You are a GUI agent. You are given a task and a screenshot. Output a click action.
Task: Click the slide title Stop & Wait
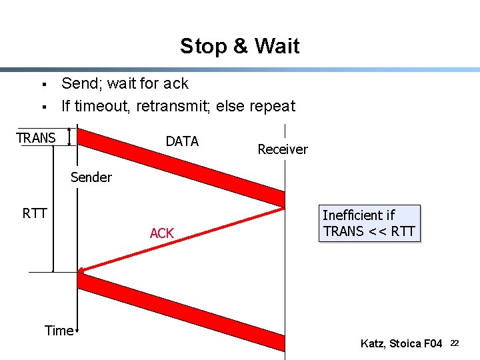click(x=239, y=46)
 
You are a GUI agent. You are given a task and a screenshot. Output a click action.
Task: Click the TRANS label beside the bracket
click(x=36, y=138)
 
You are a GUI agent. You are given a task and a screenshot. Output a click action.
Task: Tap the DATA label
click(x=182, y=141)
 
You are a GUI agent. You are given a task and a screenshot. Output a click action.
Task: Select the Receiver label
click(x=283, y=149)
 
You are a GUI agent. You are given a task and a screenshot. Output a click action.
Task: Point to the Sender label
click(x=91, y=177)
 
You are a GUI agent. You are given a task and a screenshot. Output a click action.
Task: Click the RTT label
click(x=35, y=213)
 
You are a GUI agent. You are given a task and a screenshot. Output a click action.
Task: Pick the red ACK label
click(x=161, y=233)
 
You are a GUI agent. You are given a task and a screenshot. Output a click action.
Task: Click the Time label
click(x=59, y=330)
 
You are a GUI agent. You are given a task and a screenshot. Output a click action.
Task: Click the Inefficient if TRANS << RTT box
click(x=369, y=223)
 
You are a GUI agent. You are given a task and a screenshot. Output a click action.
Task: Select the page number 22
click(x=455, y=343)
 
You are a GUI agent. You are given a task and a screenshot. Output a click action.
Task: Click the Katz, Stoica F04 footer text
click(x=401, y=343)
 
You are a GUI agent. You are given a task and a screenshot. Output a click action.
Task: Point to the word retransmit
click(x=176, y=106)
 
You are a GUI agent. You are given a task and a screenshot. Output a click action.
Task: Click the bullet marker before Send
click(x=43, y=85)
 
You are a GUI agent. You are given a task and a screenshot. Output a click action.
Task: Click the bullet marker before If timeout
click(x=43, y=107)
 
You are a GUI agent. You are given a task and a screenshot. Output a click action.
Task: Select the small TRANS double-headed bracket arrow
click(x=69, y=137)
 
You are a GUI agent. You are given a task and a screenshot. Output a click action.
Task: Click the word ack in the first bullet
click(x=176, y=84)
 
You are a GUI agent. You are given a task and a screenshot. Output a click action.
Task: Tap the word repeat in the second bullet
click(x=273, y=106)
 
